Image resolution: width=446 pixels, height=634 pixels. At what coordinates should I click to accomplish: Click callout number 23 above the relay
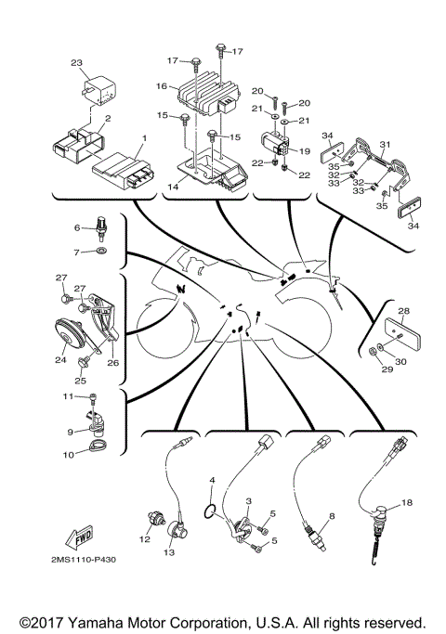(76, 63)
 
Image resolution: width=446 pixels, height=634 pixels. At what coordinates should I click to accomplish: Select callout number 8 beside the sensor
(331, 514)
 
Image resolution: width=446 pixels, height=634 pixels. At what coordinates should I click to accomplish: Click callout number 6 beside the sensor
(78, 227)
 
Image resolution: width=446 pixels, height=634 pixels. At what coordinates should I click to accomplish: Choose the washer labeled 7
(100, 251)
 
